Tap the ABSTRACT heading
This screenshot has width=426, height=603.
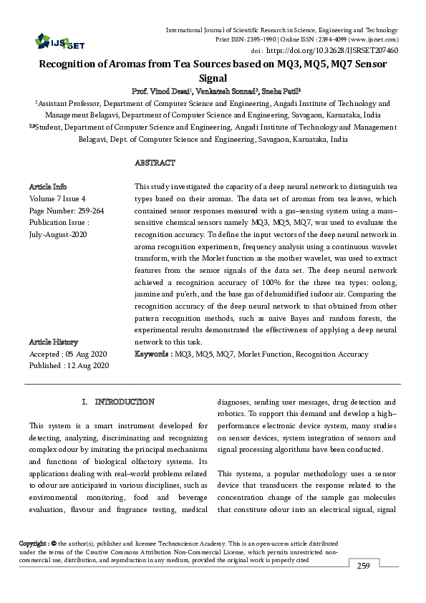[x=155, y=163]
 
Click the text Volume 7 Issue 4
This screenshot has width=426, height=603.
[x=57, y=198]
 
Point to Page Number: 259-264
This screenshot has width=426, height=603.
[x=67, y=211]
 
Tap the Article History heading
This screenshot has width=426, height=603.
[x=54, y=342]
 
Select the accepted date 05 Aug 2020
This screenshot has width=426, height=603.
[x=86, y=354]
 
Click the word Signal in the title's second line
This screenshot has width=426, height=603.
[x=213, y=77]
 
